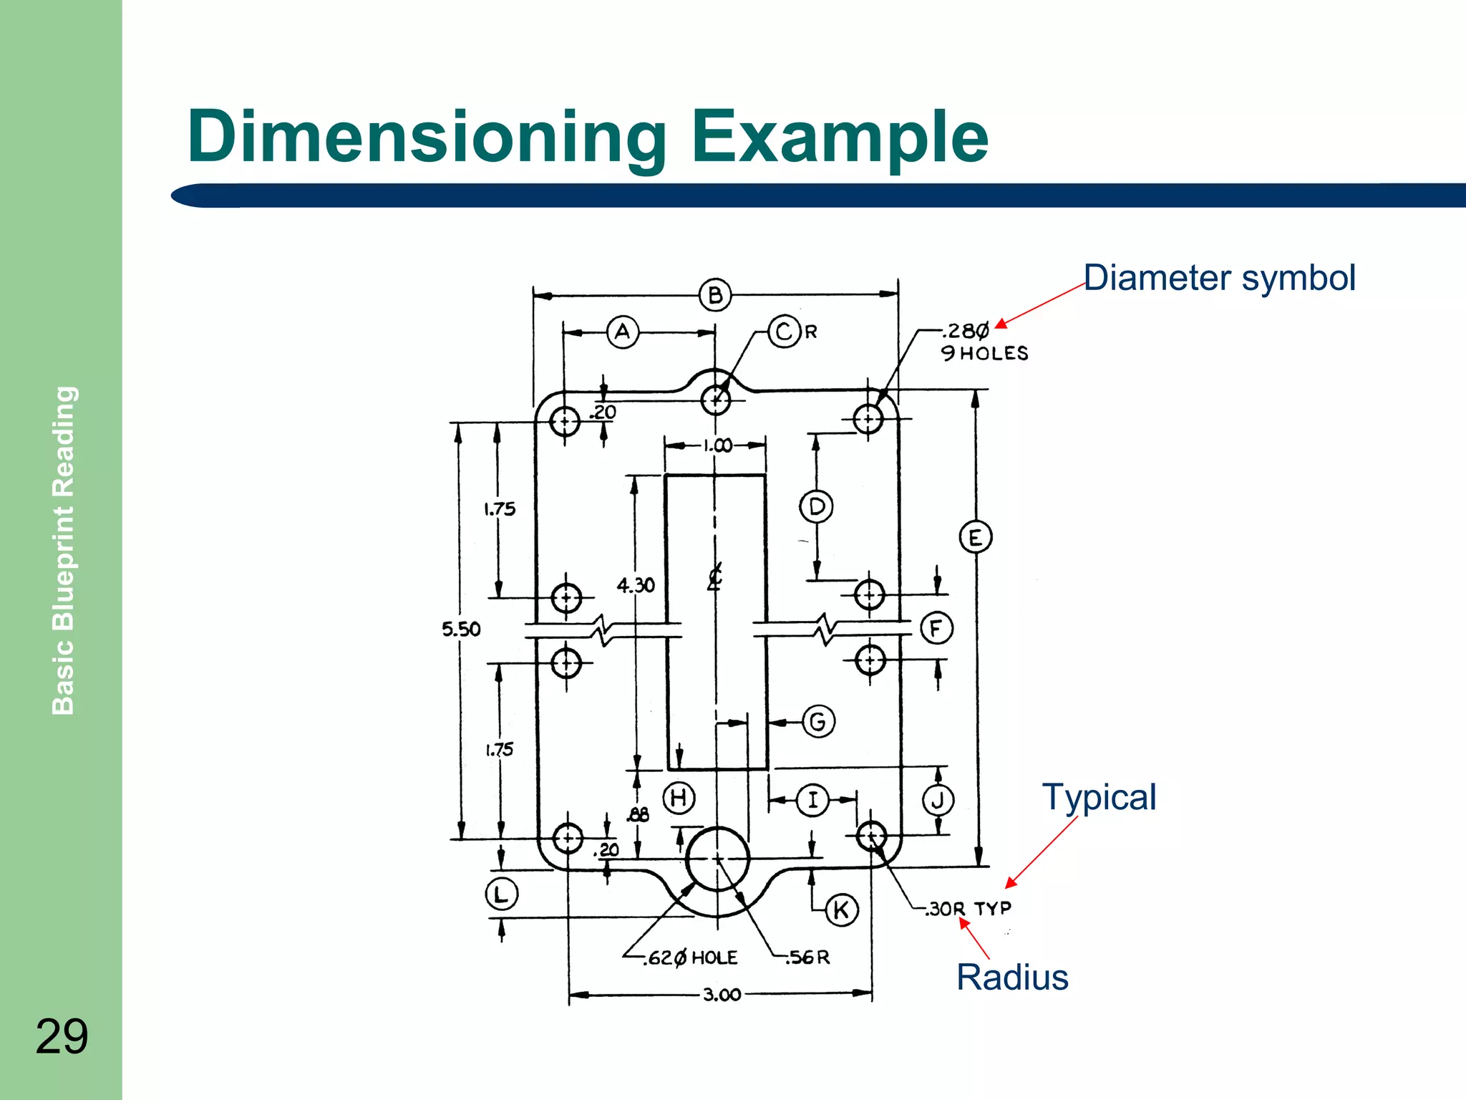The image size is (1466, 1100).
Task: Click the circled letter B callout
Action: click(714, 295)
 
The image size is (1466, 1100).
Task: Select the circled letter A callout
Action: click(623, 332)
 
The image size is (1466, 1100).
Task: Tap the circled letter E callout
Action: click(975, 537)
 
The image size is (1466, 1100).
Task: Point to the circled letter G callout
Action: click(818, 721)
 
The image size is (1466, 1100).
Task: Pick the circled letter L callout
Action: click(501, 894)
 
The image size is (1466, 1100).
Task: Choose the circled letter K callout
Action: click(841, 910)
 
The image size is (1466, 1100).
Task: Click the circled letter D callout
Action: click(816, 507)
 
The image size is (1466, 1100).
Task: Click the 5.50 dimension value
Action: click(461, 629)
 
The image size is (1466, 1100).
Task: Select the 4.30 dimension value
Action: click(636, 586)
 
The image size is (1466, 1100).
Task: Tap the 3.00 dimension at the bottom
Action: click(722, 995)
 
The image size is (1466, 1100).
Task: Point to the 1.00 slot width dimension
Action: click(717, 445)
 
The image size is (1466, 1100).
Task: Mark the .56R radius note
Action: click(808, 957)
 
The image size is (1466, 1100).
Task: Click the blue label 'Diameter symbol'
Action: click(1219, 278)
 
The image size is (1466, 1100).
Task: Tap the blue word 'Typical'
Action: click(1099, 797)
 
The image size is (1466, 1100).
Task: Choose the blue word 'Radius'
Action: click(1012, 978)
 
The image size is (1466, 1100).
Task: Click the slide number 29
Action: click(62, 1036)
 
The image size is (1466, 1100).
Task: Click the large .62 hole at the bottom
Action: click(717, 859)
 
